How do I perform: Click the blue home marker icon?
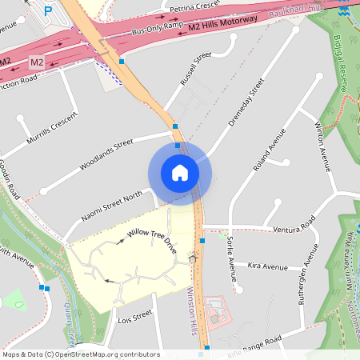pos(179,173)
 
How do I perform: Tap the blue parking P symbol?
pos(49,11)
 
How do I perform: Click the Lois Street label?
pos(134,318)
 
